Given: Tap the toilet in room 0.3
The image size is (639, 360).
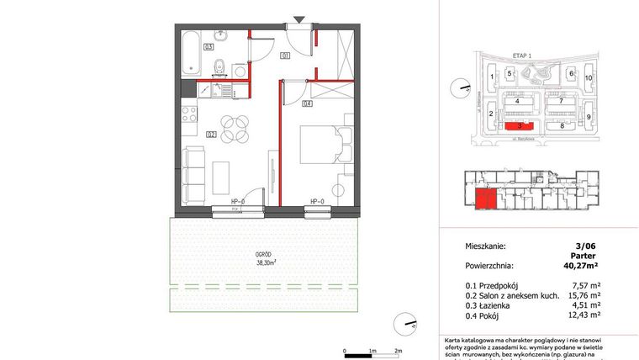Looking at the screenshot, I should (x=218, y=66).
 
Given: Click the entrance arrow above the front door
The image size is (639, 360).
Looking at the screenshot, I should (x=299, y=19).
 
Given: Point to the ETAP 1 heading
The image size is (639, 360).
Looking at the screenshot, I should (x=525, y=53).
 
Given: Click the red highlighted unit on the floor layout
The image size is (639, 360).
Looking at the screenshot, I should (x=485, y=199).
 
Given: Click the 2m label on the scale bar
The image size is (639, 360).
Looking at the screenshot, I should (x=399, y=350).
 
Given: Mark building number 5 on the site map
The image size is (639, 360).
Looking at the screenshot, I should (x=510, y=74).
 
